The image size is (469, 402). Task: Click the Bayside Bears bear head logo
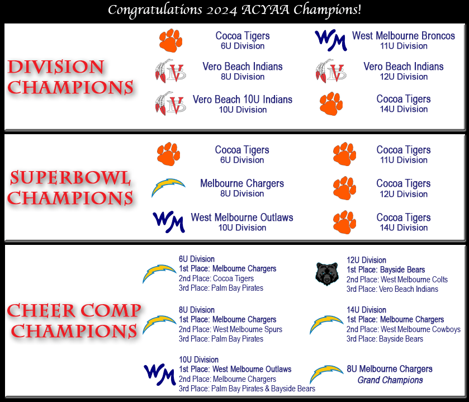coord(327,274)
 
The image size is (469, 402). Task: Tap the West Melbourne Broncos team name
coord(404,36)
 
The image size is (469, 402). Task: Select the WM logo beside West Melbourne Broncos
coord(330,40)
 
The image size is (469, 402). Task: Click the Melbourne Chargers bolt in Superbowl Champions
coord(168,187)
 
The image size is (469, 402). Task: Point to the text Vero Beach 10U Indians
coord(243,99)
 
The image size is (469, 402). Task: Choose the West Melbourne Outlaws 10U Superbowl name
coord(242,217)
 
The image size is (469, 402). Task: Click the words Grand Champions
coord(390,380)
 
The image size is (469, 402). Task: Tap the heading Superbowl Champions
coord(70,188)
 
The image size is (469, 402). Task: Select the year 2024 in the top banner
coord(221,10)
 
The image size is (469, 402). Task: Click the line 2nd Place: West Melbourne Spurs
coord(230,329)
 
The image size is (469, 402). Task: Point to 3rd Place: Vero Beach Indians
coord(392,289)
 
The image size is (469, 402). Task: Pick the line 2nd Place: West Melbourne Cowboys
coord(404,329)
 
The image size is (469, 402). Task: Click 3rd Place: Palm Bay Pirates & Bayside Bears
coord(247,389)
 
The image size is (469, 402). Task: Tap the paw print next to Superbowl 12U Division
coord(344,188)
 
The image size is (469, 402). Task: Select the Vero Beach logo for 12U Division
coord(331,71)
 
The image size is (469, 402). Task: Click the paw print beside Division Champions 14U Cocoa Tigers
coord(331,103)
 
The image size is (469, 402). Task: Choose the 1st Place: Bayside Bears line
coord(386,270)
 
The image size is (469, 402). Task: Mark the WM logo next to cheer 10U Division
coord(160,375)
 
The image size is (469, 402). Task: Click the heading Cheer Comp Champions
coord(74,320)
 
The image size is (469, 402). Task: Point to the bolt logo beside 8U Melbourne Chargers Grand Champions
coord(326,374)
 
